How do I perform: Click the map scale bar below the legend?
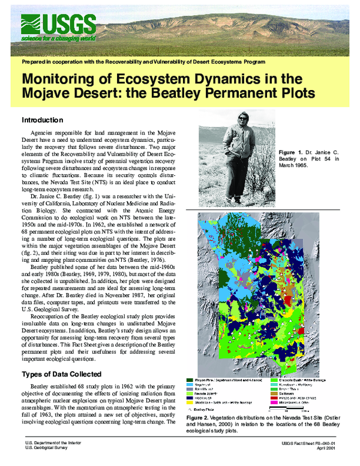coord(294,410)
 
